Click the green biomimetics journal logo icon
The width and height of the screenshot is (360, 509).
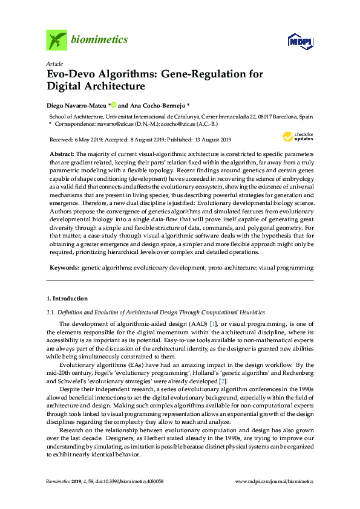tap(57, 40)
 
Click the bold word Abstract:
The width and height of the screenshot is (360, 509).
tap(62, 155)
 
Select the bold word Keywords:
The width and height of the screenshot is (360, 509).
tap(64, 267)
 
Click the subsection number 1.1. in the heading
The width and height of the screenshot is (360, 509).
tap(51, 312)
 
